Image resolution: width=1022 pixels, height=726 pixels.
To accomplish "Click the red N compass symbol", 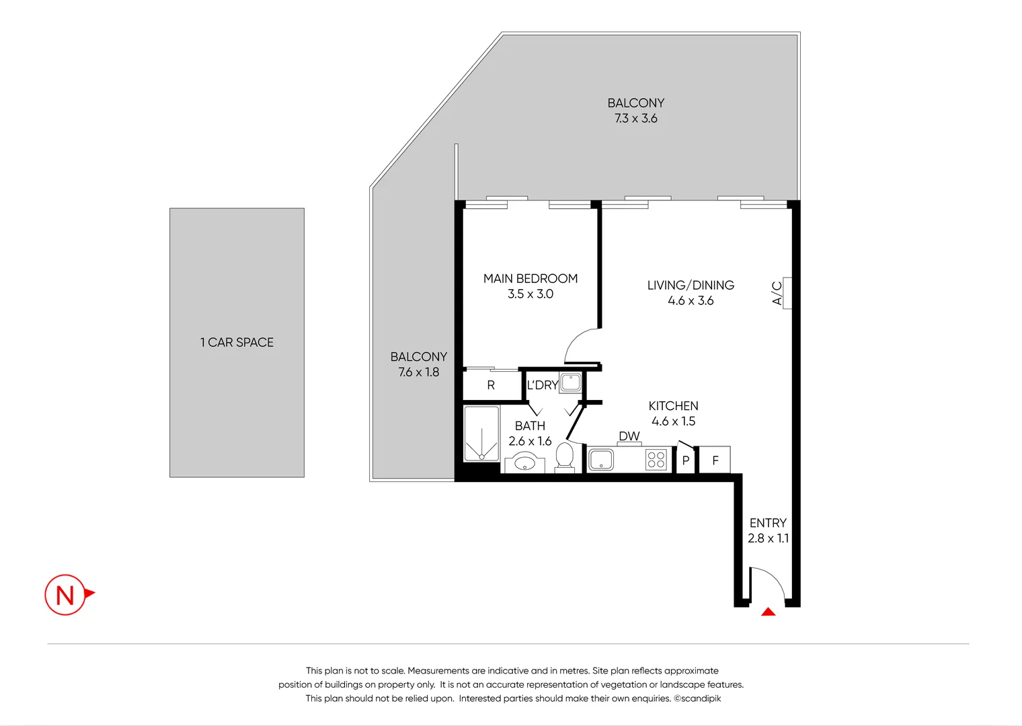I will coord(66,595).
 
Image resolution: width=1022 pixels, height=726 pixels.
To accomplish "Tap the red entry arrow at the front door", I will coord(768,612).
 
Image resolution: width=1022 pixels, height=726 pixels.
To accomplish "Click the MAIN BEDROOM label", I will coord(530,278).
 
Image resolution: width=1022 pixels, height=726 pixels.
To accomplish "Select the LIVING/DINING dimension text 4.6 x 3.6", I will coord(691,300).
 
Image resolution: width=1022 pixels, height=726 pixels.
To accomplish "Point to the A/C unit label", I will coord(777,293).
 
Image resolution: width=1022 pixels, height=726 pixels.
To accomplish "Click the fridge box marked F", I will coord(715,460).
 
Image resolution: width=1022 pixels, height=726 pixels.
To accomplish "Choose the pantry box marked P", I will coord(685,460).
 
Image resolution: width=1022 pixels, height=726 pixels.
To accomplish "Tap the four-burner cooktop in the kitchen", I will coord(656,460).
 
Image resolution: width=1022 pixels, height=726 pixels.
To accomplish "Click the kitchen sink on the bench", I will coord(600,460).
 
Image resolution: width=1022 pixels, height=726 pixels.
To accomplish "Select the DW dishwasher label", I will coord(629,436).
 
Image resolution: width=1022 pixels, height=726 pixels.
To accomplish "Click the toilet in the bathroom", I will coord(564,457).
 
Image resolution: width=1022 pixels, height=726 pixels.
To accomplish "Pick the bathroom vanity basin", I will coord(524,462).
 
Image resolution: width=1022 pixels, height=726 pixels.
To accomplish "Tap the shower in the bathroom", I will coord(481,434).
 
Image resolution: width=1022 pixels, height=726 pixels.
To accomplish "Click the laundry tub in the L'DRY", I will coord(571,382).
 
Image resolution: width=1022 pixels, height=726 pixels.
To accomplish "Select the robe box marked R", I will coord(492,385).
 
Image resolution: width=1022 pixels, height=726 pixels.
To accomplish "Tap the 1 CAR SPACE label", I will coord(237,342).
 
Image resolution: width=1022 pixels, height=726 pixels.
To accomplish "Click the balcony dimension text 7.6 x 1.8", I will coord(418,372).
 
